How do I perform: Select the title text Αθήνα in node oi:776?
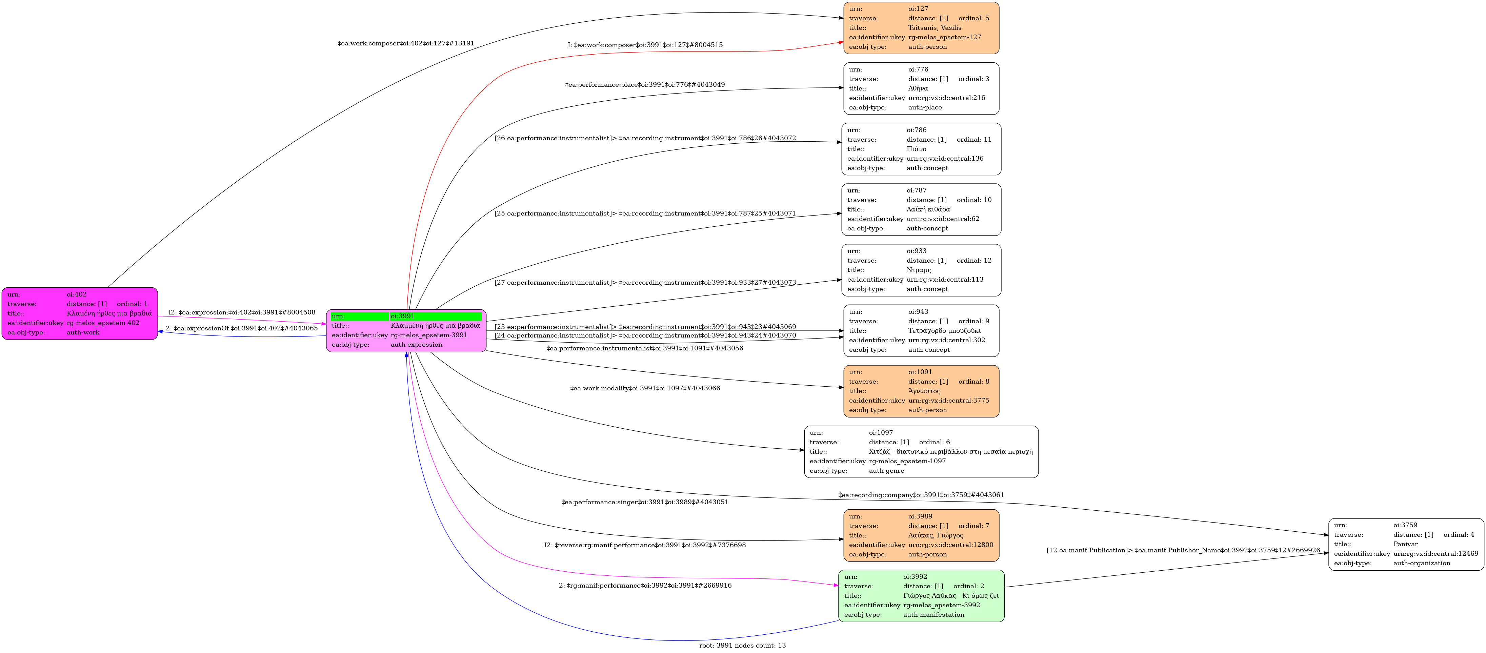click(918, 88)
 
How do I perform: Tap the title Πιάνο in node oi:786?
click(916, 149)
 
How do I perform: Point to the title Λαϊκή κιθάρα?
click(928, 209)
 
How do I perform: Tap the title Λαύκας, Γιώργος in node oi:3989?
click(935, 535)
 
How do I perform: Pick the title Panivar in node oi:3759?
click(1405, 544)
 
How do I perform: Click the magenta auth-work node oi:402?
click(80, 313)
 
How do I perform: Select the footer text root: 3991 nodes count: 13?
click(742, 646)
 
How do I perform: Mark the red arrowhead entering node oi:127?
click(841, 42)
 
